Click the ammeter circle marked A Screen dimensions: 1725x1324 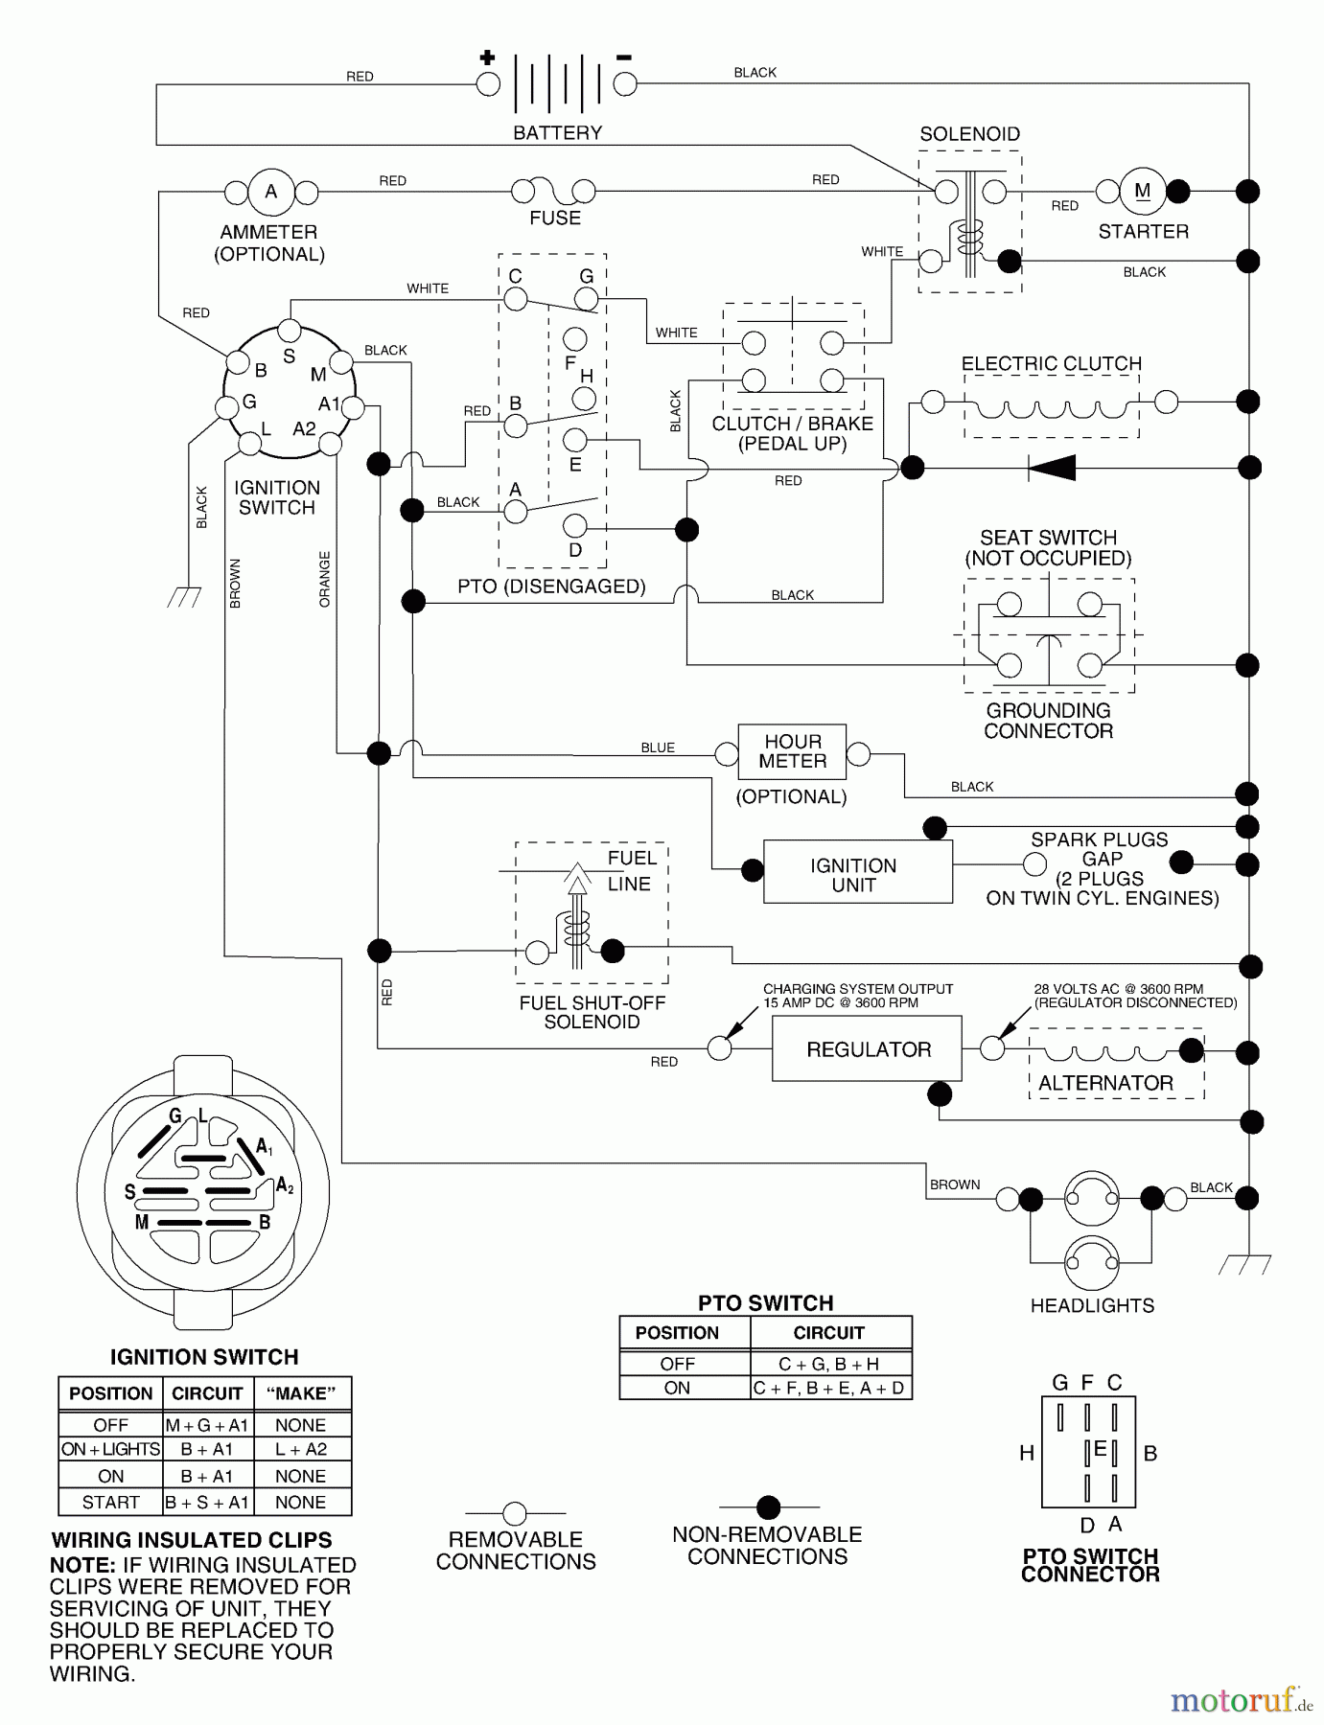click(271, 192)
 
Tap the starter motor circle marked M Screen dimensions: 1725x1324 click(1143, 191)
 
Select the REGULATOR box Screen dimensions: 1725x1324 click(869, 1049)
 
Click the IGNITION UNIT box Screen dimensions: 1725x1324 click(857, 873)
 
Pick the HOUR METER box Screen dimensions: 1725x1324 click(792, 751)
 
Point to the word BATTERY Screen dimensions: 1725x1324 click(557, 133)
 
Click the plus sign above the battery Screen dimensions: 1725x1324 click(487, 57)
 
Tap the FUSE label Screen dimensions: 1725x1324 click(555, 218)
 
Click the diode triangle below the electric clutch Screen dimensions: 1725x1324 click(1052, 468)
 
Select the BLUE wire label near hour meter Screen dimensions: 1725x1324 click(658, 747)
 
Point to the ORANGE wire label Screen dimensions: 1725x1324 click(324, 579)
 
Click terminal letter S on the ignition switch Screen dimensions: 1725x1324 click(289, 356)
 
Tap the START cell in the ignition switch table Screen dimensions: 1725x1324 click(110, 1502)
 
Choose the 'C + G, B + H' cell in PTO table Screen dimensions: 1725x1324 click(829, 1364)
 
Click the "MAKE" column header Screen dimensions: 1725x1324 click(300, 1393)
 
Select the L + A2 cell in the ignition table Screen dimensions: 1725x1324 click(300, 1449)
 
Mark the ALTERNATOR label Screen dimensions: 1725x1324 click(1105, 1083)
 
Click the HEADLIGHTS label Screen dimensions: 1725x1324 click(1092, 1305)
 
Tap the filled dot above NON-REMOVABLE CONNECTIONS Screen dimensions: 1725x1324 click(768, 1507)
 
